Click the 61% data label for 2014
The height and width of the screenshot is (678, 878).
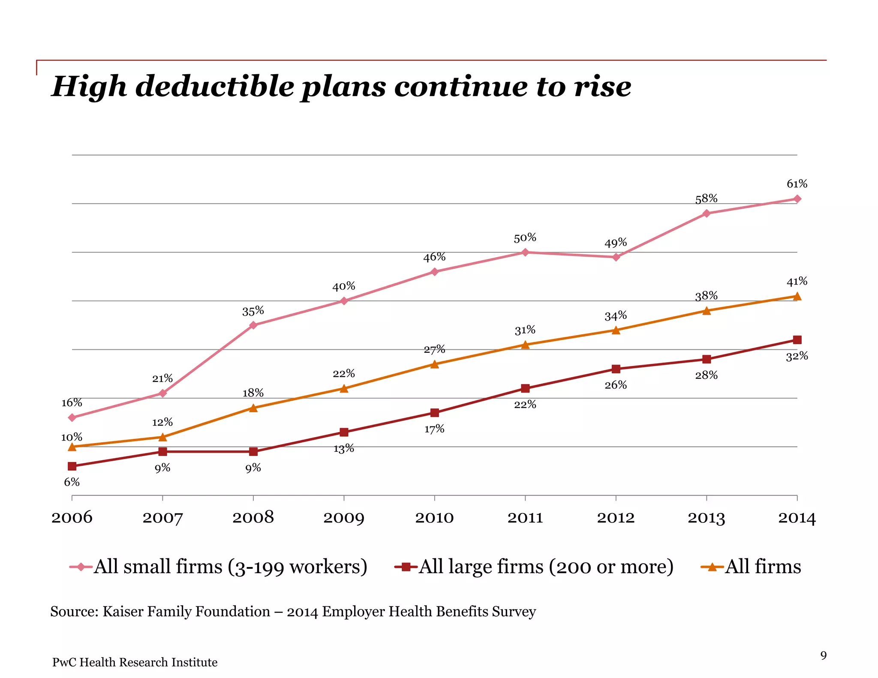797,184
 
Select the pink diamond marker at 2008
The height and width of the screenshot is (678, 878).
253,325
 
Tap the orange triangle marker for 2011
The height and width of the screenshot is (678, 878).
525,345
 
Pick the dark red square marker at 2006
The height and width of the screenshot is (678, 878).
72,466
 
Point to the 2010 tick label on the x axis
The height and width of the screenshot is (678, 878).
434,518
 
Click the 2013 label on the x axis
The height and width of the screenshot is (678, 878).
706,518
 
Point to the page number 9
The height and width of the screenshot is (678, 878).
823,655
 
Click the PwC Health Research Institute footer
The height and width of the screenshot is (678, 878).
135,662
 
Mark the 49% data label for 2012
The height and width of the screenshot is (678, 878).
616,243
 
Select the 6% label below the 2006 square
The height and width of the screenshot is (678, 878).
72,482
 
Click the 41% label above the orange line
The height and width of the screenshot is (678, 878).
797,281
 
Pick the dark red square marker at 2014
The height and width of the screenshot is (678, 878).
797,340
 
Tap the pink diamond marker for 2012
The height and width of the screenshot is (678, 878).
616,257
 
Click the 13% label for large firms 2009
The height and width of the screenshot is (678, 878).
344,448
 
